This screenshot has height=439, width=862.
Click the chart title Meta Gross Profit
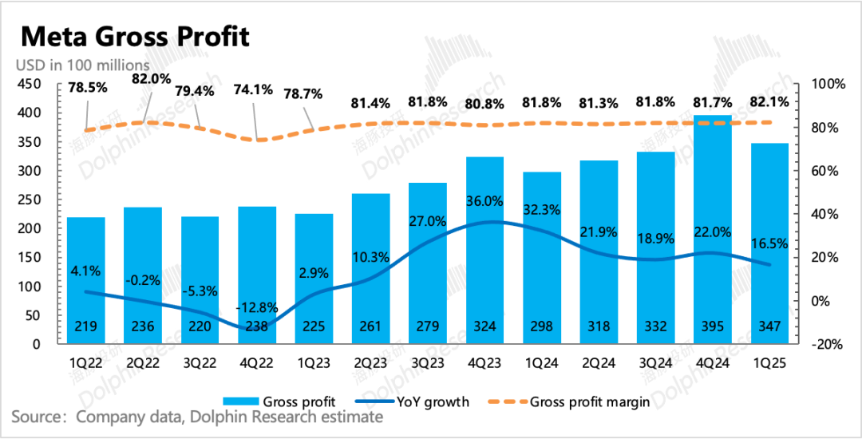point(135,37)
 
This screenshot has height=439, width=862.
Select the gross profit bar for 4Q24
point(713,231)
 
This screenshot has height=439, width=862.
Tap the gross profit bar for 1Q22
point(86,279)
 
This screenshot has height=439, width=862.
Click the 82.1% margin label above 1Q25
point(769,102)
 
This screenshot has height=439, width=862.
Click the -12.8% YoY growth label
point(257,307)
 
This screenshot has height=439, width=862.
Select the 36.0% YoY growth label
point(485,201)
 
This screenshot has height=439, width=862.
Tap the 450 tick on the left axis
point(30,84)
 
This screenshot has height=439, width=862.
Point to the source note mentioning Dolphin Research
point(197,417)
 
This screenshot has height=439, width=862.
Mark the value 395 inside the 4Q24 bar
point(713,326)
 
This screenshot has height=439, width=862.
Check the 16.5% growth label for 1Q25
point(769,244)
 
